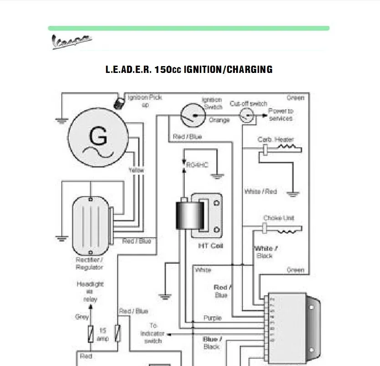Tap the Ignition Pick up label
[x=144, y=101]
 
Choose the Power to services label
[x=280, y=114]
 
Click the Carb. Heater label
[x=276, y=139]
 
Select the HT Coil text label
[x=210, y=246]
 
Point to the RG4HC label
[x=197, y=165]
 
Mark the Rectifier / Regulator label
[x=89, y=263]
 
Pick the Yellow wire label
[x=136, y=170]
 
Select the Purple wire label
[x=212, y=318]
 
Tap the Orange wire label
[x=219, y=120]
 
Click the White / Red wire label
[x=260, y=192]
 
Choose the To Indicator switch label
[x=153, y=333]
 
